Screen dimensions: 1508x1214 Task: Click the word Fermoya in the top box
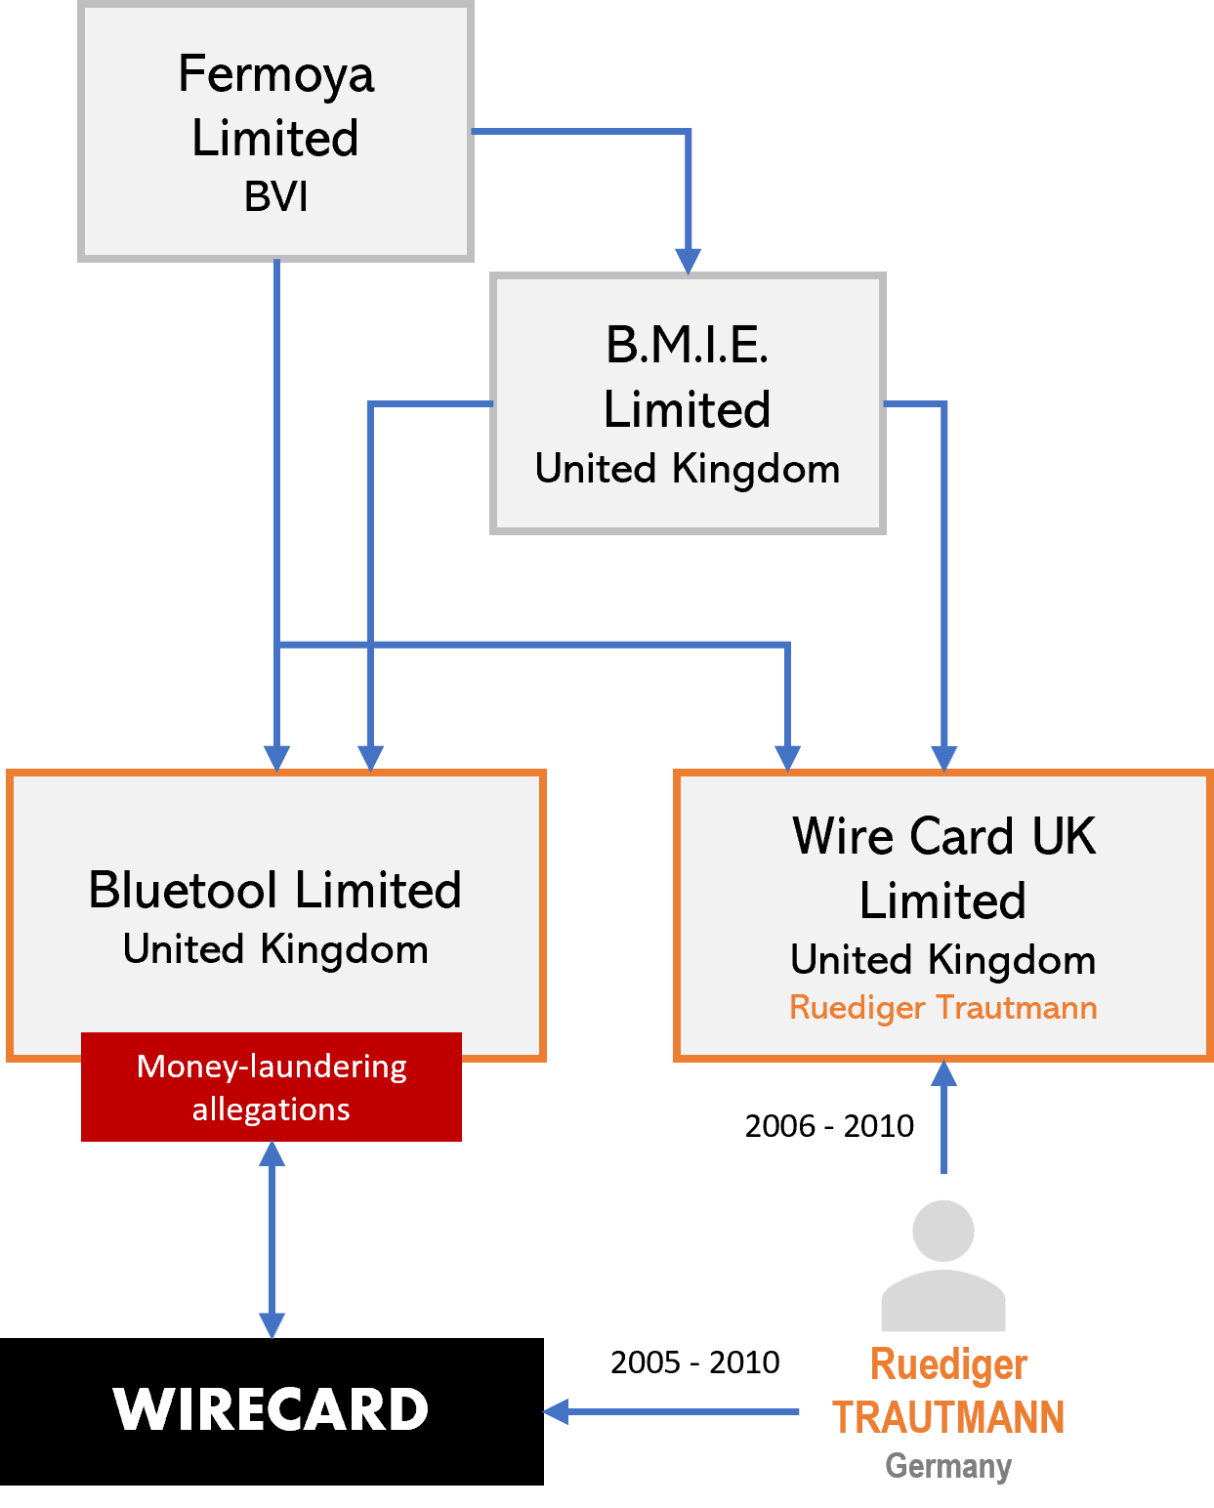(275, 75)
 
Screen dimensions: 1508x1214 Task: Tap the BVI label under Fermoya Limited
(275, 197)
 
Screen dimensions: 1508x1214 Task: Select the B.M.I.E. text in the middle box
(687, 345)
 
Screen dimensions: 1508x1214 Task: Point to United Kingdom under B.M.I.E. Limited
(687, 470)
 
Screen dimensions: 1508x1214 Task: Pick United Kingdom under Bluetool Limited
(275, 949)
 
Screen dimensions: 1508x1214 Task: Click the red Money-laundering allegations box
(272, 1087)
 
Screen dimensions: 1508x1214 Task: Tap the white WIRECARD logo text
(272, 1409)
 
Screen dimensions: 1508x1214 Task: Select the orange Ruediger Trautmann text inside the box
(942, 1007)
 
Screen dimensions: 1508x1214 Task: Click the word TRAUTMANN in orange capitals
(947, 1417)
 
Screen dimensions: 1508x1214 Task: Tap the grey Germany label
(947, 1466)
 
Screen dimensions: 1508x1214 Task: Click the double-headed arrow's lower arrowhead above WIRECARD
(272, 1325)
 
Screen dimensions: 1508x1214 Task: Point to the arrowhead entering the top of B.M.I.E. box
(688, 261)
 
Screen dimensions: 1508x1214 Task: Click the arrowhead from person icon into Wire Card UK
(943, 1073)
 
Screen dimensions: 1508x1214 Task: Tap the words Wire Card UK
(942, 837)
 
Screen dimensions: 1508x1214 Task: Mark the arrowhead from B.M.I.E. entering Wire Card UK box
(943, 758)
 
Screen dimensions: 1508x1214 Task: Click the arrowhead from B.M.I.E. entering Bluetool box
(370, 758)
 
